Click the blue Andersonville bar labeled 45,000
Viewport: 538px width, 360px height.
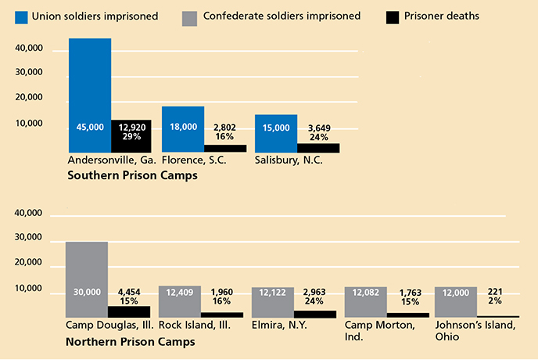[x=89, y=94]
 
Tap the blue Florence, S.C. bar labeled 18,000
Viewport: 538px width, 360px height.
[x=183, y=129]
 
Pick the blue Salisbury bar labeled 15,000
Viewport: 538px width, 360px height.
[x=276, y=133]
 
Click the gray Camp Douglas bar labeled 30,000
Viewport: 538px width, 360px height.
[x=86, y=278]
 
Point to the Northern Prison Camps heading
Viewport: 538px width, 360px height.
[x=131, y=342]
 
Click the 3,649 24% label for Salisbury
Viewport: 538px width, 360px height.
[x=318, y=131]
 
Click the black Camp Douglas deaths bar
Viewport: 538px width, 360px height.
[x=129, y=311]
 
